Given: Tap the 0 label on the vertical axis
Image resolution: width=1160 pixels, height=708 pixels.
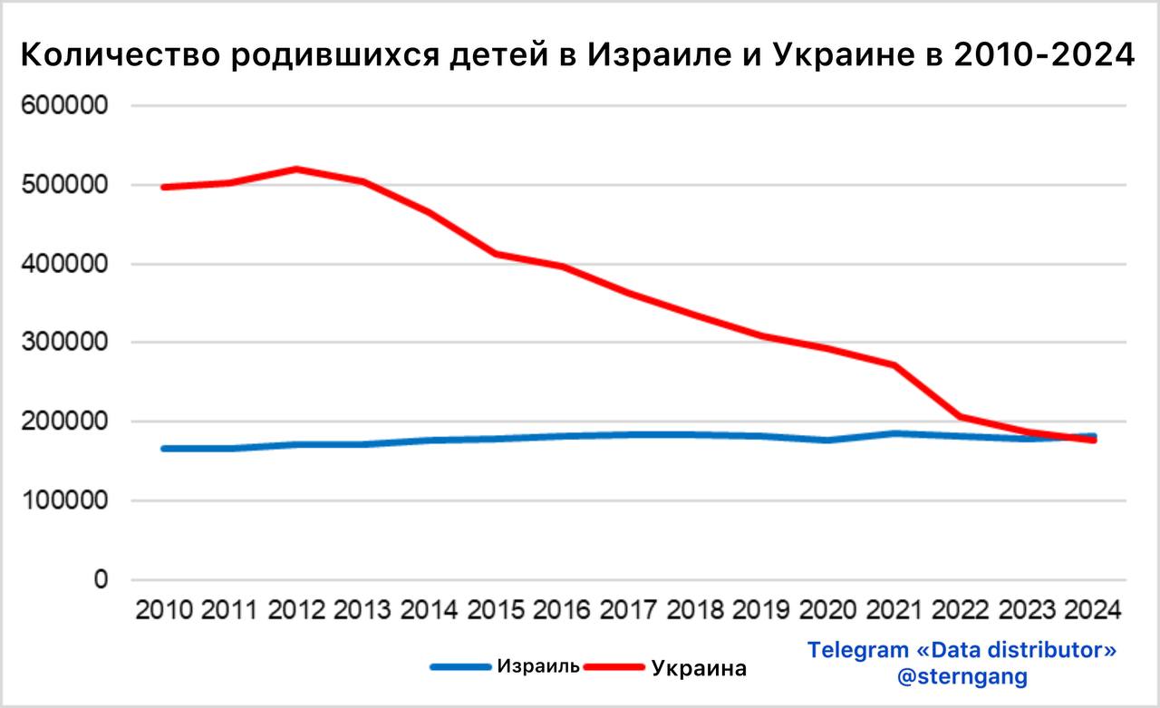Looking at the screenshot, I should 101,579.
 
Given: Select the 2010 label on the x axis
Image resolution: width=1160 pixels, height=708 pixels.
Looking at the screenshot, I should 164,608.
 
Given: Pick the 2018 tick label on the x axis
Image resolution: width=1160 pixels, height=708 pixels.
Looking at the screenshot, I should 696,608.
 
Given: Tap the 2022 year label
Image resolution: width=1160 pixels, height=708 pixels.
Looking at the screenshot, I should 961,608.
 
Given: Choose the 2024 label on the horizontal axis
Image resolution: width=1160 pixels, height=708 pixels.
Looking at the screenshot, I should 1094,608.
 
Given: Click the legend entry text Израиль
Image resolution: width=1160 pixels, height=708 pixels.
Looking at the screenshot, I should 538,666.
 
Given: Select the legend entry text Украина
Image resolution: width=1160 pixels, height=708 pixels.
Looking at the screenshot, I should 700,669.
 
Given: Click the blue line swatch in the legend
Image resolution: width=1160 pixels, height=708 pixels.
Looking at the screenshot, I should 461,667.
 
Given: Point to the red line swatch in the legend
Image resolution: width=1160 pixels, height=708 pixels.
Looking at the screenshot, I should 615,668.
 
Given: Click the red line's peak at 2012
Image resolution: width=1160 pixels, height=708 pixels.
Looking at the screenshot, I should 297,170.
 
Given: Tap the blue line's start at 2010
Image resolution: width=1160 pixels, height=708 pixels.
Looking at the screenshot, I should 165,448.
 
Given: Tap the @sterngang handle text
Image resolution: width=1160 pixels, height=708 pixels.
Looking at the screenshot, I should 962,676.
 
